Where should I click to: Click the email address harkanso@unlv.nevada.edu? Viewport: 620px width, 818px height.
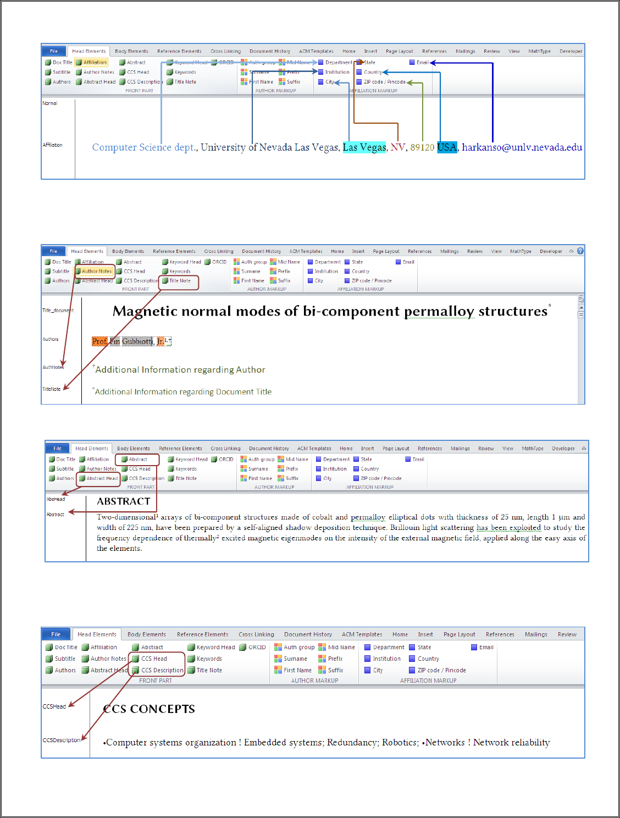522,147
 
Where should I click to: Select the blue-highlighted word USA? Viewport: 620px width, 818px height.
447,147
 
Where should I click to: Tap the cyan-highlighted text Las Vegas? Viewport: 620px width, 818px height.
364,147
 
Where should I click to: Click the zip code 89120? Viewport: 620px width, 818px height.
422,147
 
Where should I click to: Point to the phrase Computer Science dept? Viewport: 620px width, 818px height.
144,147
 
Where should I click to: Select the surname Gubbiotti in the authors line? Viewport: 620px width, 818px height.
137,341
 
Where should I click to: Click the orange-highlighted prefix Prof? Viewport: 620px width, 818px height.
99,341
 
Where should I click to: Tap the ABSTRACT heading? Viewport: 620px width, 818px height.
124,501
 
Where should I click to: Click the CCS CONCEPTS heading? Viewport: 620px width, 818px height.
149,709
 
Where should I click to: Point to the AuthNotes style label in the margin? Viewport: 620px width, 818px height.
53,367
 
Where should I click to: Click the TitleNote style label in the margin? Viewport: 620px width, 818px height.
52,389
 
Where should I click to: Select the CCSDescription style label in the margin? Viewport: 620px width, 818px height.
62,740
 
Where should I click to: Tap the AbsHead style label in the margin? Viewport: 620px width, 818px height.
56,499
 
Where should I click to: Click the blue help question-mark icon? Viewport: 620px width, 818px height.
580,251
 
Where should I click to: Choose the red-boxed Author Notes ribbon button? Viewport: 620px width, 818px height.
96,271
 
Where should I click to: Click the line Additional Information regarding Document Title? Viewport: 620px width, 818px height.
183,392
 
